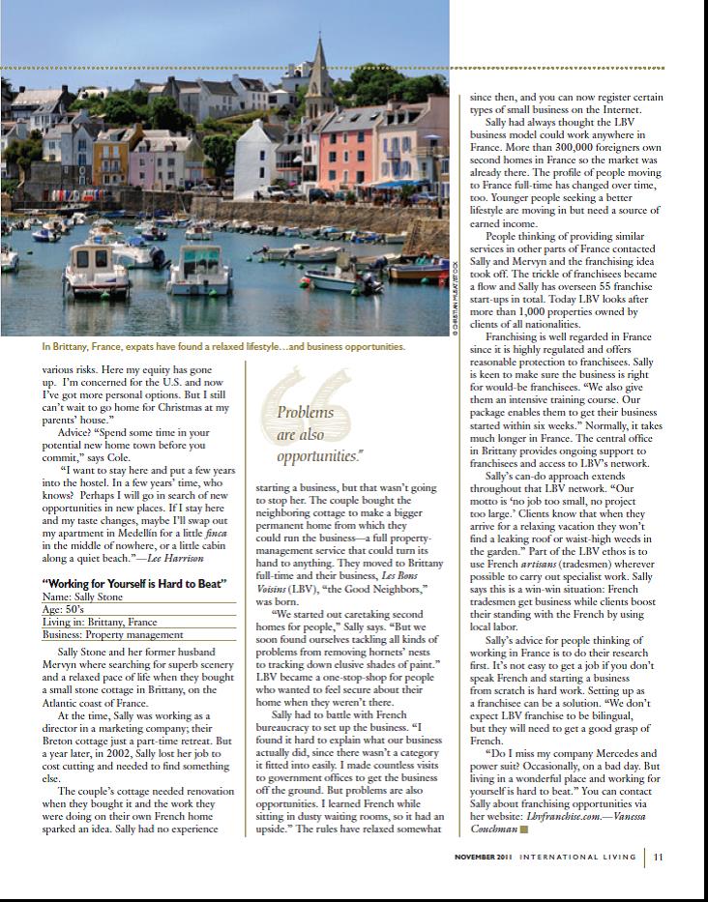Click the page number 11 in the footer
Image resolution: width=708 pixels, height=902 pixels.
coord(658,856)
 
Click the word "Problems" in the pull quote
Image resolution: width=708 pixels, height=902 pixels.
coord(306,413)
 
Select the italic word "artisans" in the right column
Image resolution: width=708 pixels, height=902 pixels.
coord(516,561)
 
